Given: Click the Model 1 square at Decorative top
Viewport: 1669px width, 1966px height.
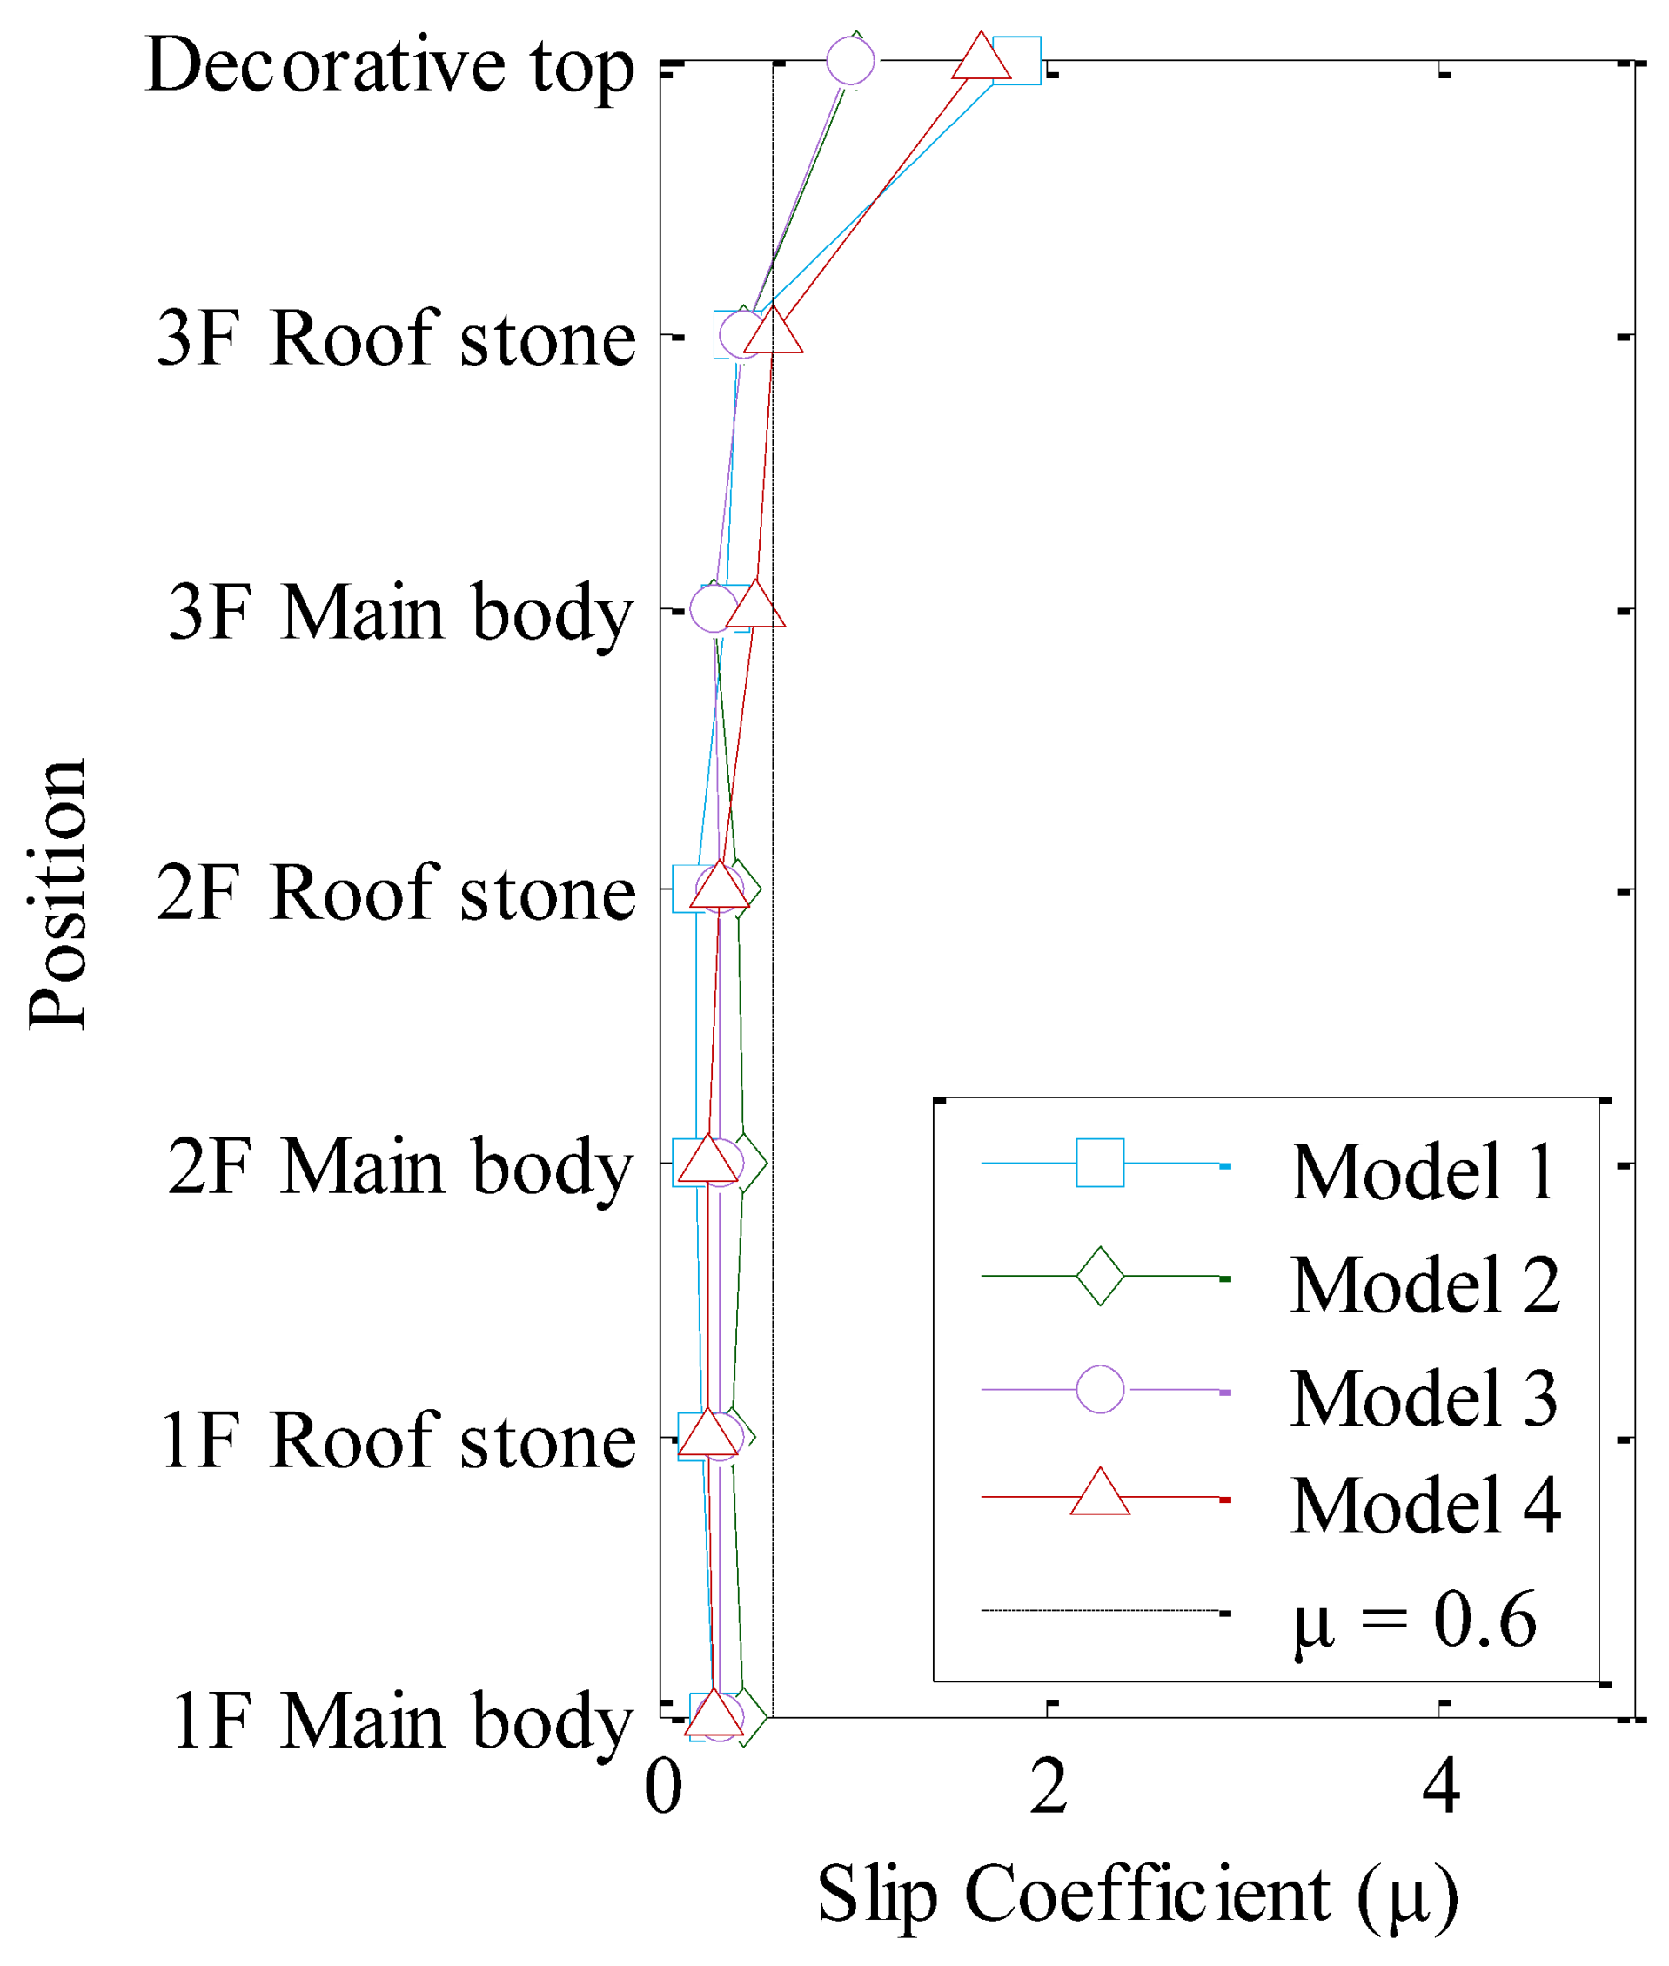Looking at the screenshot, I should click(x=1016, y=61).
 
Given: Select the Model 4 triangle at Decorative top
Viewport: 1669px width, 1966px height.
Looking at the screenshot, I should click(x=982, y=58).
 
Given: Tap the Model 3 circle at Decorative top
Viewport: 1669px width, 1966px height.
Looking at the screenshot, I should click(x=849, y=61).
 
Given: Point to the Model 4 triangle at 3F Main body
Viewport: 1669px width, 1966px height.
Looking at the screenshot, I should click(x=755, y=607).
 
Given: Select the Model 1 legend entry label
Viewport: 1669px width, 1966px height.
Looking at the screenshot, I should click(x=1423, y=1172).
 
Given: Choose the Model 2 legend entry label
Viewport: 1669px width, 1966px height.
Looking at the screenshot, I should click(x=1424, y=1285).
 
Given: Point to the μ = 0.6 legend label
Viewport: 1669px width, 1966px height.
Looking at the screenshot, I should click(x=1415, y=1620).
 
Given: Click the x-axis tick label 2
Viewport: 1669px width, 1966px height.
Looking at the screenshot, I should click(x=1049, y=1788).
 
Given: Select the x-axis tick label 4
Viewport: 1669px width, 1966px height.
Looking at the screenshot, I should click(x=1441, y=1788).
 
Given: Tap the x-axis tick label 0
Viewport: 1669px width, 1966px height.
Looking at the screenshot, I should click(x=663, y=1788).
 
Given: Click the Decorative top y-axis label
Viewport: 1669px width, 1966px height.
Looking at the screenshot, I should click(x=390, y=66).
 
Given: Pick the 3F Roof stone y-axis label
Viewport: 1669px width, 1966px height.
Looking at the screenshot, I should click(x=395, y=338).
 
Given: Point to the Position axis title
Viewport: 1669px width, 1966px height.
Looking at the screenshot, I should click(x=57, y=893).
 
